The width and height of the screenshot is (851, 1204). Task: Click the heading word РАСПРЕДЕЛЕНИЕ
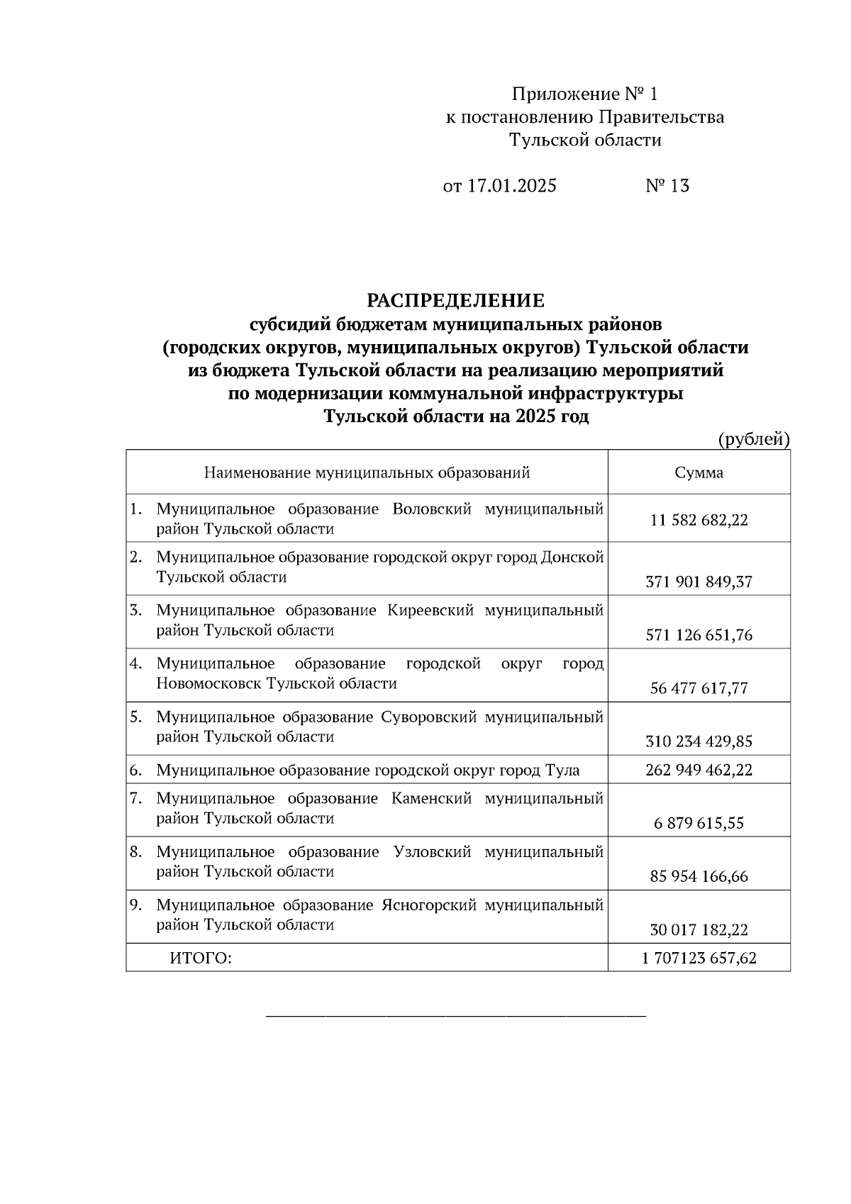coord(455,301)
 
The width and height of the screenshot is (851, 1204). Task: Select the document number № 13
coord(667,186)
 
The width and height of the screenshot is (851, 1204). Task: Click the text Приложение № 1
coord(585,94)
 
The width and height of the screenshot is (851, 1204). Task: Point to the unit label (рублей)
coord(754,439)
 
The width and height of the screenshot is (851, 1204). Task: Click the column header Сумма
coord(699,473)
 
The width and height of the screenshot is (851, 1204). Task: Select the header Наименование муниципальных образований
coord(367,473)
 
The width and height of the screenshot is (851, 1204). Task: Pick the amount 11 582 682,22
coord(699,520)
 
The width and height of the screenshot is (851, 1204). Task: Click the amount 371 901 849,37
coord(699,582)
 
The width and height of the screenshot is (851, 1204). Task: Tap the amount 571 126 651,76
coord(699,635)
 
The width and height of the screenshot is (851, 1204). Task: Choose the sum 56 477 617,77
coord(699,688)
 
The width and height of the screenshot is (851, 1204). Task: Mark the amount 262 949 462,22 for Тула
coord(699,770)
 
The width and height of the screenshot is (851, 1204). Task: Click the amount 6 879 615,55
coord(699,823)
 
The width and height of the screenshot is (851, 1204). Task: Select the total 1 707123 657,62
coord(699,959)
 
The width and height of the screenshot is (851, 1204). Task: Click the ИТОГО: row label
coord(201,959)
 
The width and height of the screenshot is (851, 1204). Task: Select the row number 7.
coord(135,798)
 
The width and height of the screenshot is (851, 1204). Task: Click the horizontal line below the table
coord(455,1017)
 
